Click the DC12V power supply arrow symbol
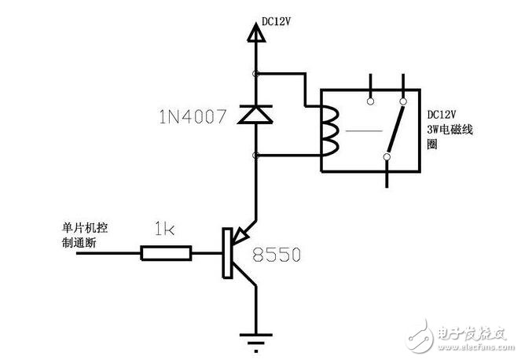click(x=254, y=33)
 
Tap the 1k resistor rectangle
click(x=166, y=253)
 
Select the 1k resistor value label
click(x=165, y=230)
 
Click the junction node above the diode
click(x=255, y=74)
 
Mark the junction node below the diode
click(x=255, y=156)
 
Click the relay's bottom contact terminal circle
click(x=387, y=158)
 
